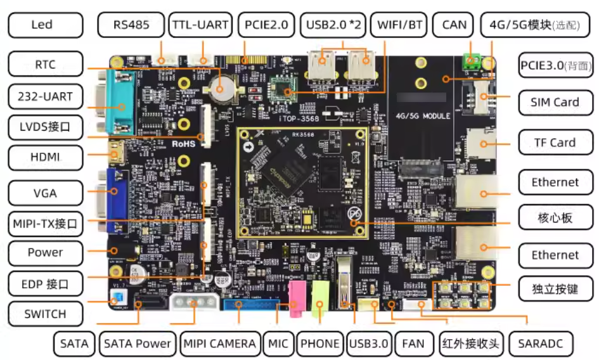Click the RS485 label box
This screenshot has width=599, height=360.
tap(131, 25)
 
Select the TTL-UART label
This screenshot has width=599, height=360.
tap(200, 25)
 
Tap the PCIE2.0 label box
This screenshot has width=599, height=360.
tap(266, 25)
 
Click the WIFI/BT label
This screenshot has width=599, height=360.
tap(400, 25)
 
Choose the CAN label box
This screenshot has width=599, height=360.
tap(454, 25)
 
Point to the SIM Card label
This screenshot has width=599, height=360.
tap(555, 102)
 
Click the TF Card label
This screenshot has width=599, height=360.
tap(555, 143)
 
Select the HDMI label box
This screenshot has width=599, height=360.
tap(45, 157)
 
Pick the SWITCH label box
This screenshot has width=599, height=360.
tap(45, 314)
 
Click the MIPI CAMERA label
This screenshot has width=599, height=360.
tap(220, 344)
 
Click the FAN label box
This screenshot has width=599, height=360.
tap(413, 344)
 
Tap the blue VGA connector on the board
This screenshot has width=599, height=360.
tap(116, 200)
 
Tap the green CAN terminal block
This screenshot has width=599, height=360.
tap(470, 61)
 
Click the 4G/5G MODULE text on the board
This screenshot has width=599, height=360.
tap(423, 116)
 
